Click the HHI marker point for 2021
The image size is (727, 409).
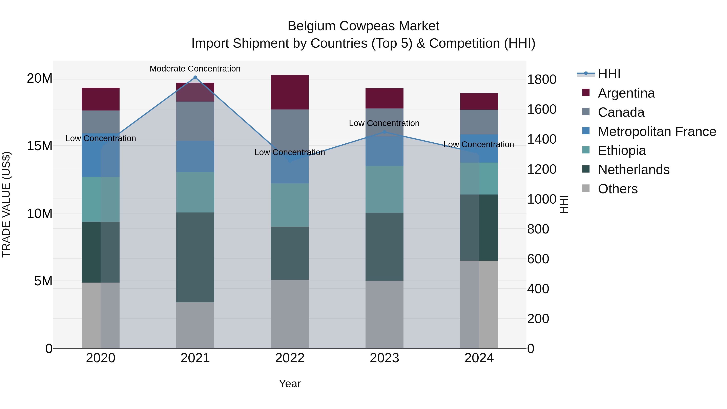pos(195,77)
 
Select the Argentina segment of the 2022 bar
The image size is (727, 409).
pos(290,92)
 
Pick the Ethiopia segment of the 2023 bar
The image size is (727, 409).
pos(384,189)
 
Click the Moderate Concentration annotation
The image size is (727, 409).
pos(195,69)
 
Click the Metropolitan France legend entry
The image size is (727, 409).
pos(657,131)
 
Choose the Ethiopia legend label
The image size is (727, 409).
pos(622,150)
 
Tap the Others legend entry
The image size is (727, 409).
pos(618,189)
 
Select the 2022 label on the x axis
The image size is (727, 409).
pos(290,358)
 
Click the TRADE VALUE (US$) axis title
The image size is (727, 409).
pos(6,204)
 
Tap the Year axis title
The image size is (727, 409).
pos(290,384)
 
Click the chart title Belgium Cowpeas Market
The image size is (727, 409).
pos(363,26)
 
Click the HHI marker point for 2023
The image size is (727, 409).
pos(384,132)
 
